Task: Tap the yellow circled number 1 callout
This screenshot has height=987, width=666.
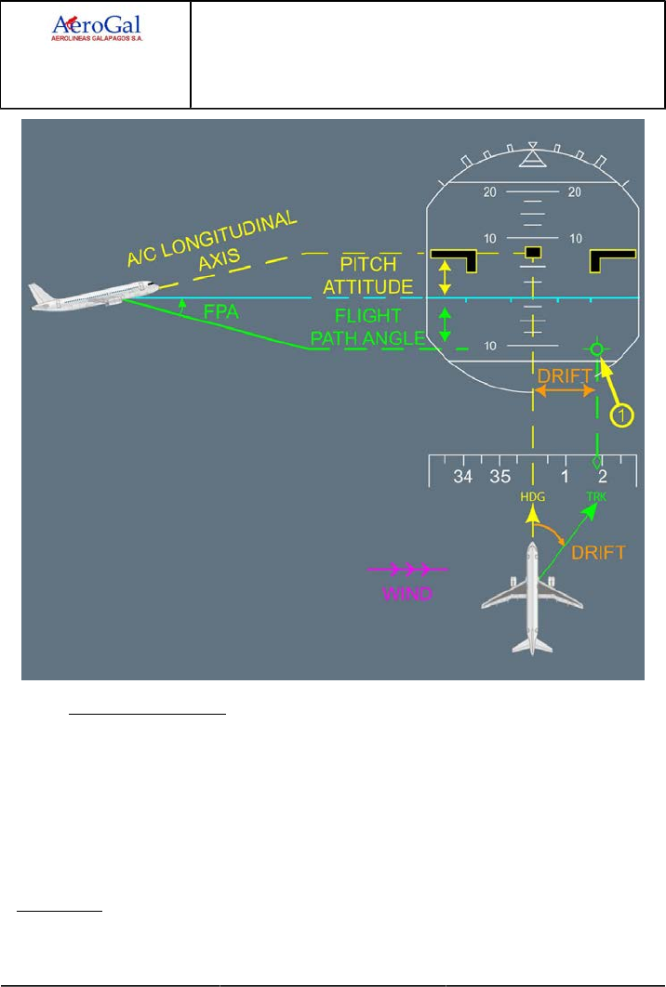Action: pyautogui.click(x=619, y=415)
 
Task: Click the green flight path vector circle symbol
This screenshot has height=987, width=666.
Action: pyautogui.click(x=596, y=349)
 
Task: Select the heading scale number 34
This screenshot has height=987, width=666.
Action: pyautogui.click(x=463, y=477)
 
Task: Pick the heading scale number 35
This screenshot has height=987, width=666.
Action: pyautogui.click(x=499, y=477)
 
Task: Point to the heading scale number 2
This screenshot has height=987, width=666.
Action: pyautogui.click(x=603, y=477)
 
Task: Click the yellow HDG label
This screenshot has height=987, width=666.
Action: pyautogui.click(x=532, y=497)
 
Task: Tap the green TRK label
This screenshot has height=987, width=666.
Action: pyautogui.click(x=594, y=497)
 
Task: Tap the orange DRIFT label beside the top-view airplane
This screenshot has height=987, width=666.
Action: pyautogui.click(x=598, y=552)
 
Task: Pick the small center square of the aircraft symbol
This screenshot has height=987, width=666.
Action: pyautogui.click(x=532, y=252)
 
